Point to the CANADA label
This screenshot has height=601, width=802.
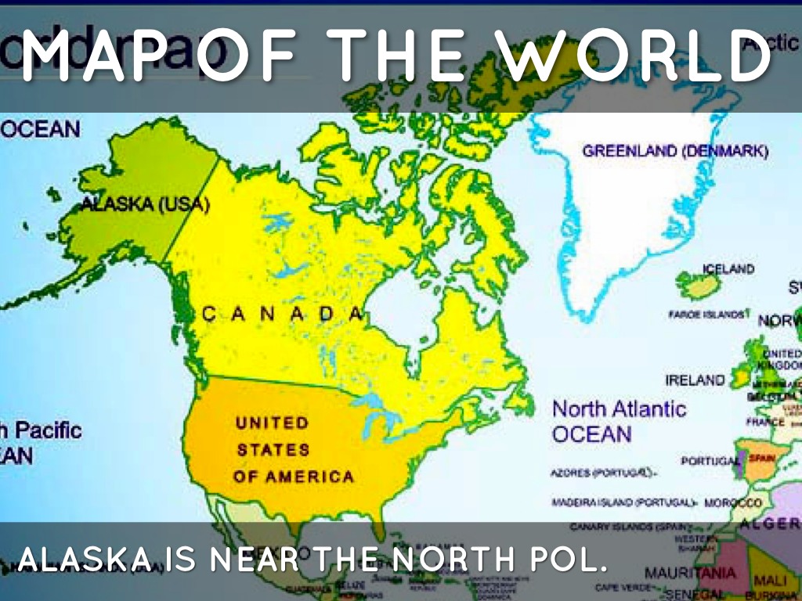pyautogui.click(x=283, y=315)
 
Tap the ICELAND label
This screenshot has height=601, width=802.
pyautogui.click(x=728, y=268)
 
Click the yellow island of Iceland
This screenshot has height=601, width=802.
pyautogui.click(x=698, y=286)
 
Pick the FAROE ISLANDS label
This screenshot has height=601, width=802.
pyautogui.click(x=706, y=314)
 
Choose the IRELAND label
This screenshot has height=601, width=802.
pyautogui.click(x=695, y=380)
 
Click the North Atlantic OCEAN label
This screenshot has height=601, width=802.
pyautogui.click(x=618, y=420)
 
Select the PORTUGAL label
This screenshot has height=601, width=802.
pyautogui.click(x=710, y=461)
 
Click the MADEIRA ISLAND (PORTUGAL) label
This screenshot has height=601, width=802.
pyautogui.click(x=623, y=502)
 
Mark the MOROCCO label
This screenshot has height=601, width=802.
pyautogui.click(x=733, y=502)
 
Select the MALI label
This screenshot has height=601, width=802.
pyautogui.click(x=769, y=580)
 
